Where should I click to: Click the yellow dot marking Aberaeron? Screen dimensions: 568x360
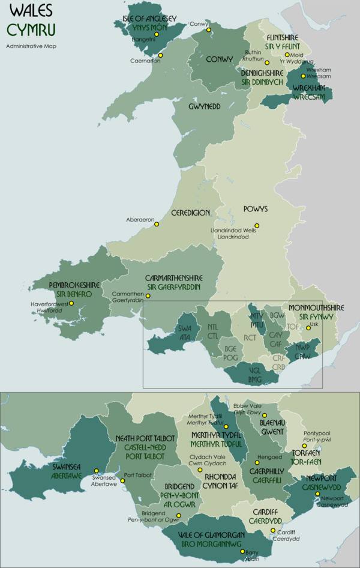pos(157,225)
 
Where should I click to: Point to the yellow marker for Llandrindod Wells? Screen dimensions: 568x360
pos(257,226)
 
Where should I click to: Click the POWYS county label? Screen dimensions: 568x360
pos(255,209)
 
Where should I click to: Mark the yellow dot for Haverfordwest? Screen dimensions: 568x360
pos(71,303)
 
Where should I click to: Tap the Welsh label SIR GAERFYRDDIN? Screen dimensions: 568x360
pos(174,288)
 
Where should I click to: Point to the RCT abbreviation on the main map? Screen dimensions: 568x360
pos(250,337)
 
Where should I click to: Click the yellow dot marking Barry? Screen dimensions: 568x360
pos(242,551)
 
